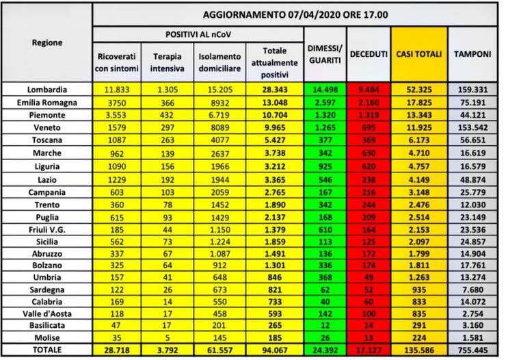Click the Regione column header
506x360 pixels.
[46, 42]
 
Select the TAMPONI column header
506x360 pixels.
[472, 53]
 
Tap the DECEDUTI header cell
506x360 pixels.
[369, 53]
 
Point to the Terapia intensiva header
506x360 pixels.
[167, 61]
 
